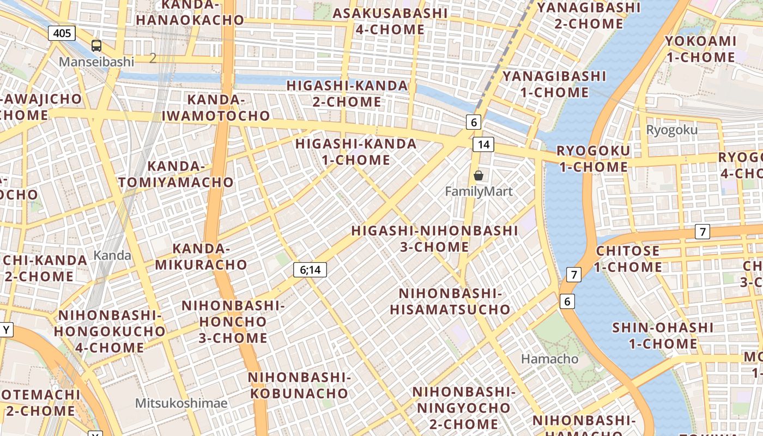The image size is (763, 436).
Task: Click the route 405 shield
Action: coord(62,33)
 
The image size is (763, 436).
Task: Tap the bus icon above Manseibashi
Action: coord(96,46)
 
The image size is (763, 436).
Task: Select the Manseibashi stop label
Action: coord(96,62)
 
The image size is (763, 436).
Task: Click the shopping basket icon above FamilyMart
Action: coord(479,175)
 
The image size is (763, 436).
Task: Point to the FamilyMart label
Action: coord(479,192)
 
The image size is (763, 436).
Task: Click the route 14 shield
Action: coord(483,144)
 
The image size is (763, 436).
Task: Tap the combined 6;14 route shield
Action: coord(310,269)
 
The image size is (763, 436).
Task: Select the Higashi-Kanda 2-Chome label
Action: coord(347,94)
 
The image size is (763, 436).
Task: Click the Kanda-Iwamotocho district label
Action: coord(216,107)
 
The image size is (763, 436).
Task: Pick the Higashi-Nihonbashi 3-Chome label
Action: coord(434,238)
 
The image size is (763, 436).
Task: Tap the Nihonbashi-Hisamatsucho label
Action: coord(450,301)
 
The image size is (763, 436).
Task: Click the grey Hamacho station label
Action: coord(549,359)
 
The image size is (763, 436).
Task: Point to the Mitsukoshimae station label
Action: coord(181,403)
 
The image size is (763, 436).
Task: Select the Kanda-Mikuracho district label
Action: coord(202,257)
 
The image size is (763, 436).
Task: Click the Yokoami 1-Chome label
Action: coord(700,49)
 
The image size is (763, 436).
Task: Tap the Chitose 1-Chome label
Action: coord(628,259)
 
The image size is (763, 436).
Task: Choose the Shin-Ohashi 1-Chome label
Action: coord(663,335)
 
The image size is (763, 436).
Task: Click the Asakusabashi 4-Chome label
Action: coord(390,21)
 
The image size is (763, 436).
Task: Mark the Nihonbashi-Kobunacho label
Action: coord(298,385)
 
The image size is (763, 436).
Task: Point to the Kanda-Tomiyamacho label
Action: coord(176,174)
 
